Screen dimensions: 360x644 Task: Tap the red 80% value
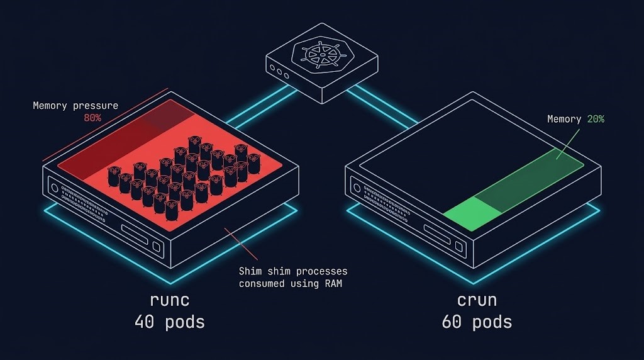92,118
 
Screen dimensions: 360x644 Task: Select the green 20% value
596,118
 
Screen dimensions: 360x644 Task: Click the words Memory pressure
75,106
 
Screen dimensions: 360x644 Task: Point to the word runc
169,299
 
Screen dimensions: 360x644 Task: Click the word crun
476,299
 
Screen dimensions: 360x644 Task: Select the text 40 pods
169,322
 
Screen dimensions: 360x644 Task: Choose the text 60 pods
476,322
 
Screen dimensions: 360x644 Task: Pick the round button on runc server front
55,188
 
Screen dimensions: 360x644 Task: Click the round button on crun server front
358,188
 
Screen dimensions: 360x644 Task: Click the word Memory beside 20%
564,118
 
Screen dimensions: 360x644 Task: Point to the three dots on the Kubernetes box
280,71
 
